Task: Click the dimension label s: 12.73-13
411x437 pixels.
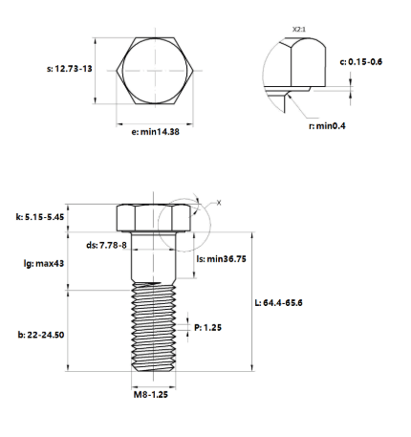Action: coord(70,69)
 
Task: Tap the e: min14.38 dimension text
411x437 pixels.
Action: coord(155,131)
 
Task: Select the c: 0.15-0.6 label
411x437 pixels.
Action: coord(361,61)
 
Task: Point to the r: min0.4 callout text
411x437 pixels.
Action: coord(327,126)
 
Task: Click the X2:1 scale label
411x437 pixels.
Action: coord(299,30)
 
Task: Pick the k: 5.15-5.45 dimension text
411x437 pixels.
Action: coord(40,217)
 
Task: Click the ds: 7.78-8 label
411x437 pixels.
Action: coord(106,245)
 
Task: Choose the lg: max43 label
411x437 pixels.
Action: coord(44,263)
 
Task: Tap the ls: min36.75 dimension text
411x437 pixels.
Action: coord(222,258)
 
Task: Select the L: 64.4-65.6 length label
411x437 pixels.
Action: coord(279,302)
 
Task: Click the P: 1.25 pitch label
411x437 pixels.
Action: coord(207,327)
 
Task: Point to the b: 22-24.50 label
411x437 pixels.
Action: coord(41,335)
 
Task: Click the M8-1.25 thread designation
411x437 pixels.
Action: coord(151,394)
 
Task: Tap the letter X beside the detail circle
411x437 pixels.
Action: coord(219,203)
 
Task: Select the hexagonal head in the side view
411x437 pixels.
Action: coord(154,218)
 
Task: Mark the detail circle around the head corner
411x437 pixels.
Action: coord(210,225)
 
